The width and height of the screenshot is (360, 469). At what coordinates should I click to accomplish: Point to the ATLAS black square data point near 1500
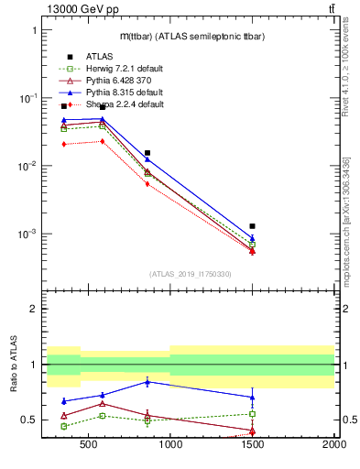tap(252, 225)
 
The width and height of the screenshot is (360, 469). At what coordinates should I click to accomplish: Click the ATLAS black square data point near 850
tap(147, 153)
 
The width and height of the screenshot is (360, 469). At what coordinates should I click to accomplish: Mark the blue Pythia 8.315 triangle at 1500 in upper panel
tap(252, 238)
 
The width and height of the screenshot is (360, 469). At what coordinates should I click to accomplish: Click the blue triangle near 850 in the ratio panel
tap(147, 381)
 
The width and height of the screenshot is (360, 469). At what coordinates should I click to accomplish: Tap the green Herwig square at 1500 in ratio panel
tap(252, 414)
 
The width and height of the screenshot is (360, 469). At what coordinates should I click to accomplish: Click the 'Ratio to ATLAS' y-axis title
tap(14, 364)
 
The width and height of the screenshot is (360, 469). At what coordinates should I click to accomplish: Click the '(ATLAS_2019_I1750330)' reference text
tap(190, 274)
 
